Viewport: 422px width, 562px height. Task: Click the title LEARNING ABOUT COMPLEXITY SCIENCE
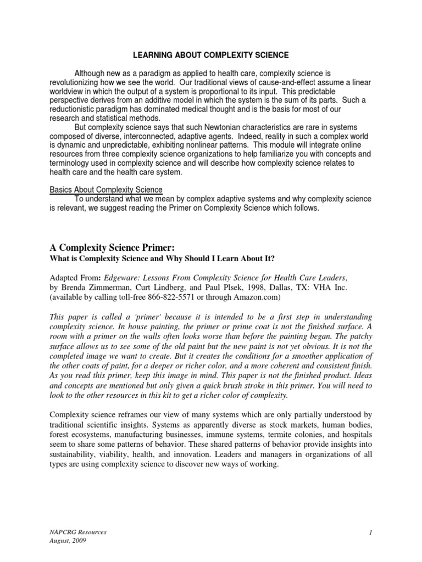tap(212, 55)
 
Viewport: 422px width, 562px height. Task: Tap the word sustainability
tap(75, 454)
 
